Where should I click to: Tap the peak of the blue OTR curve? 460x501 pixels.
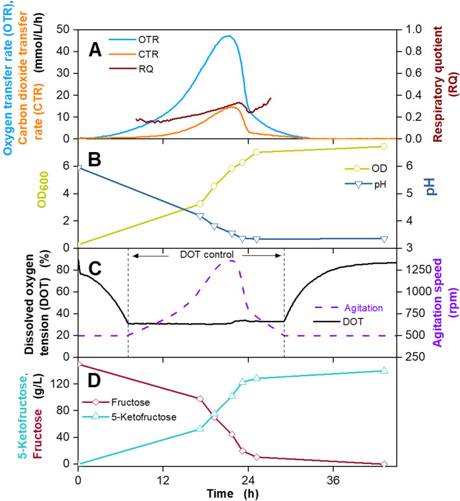[227, 36]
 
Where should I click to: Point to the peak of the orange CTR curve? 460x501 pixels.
[233, 106]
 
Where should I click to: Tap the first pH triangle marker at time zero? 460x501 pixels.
[79, 168]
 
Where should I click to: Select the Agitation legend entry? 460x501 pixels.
[364, 309]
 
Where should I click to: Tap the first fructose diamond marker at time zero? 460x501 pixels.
[79, 365]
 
